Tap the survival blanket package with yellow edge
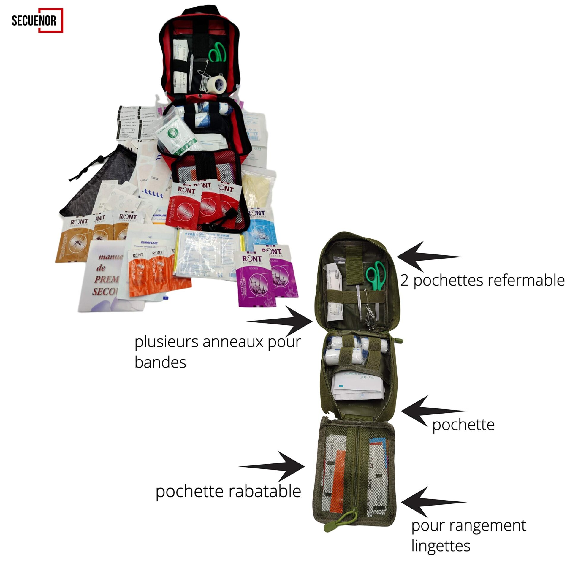pos(209,254)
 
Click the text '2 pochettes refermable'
pos(482,281)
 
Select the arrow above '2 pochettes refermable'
pos(427,256)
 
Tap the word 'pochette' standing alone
pos(463,425)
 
